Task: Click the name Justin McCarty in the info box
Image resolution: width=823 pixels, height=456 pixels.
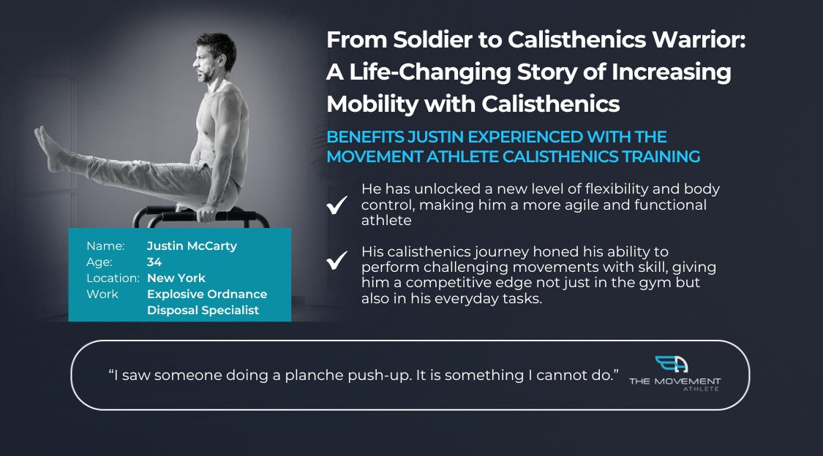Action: tap(192, 246)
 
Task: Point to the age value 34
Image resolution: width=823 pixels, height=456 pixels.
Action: tap(154, 262)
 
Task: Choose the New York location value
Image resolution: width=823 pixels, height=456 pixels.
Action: tap(176, 278)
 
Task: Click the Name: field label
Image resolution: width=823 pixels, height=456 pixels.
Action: tap(105, 246)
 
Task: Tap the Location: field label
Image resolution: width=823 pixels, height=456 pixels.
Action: tap(113, 278)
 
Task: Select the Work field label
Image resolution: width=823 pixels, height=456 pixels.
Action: tap(102, 294)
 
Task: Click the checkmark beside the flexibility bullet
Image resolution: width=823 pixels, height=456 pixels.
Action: tap(337, 205)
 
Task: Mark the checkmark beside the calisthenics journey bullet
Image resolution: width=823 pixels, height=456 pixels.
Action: tap(337, 260)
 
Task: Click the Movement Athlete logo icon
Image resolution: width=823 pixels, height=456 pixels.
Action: tap(672, 364)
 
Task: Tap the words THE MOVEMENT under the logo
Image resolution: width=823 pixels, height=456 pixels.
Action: tap(674, 381)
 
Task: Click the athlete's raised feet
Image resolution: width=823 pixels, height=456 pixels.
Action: tap(48, 148)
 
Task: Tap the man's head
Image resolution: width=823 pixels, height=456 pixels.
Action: tap(214, 57)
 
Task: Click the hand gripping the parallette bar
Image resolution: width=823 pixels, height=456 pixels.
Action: tap(206, 213)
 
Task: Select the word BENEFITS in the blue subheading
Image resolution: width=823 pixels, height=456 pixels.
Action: tap(365, 137)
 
